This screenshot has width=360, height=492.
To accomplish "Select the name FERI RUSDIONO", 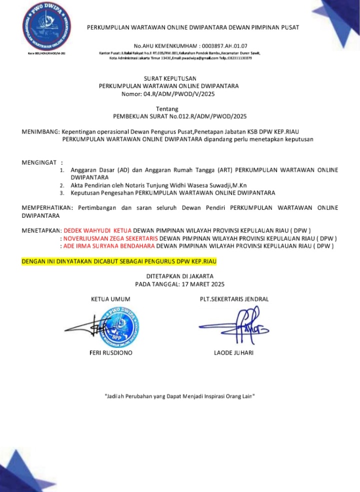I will click(110, 353).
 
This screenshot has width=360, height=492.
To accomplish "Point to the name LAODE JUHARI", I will click(233, 353).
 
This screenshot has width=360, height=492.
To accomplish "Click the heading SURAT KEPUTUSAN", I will click(170, 79).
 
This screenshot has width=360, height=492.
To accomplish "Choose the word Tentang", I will click(167, 109).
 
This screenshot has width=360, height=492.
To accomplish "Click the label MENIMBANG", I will click(40, 131).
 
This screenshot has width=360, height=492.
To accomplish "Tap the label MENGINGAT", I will click(39, 163).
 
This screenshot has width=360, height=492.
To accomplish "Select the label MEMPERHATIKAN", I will click(47, 207).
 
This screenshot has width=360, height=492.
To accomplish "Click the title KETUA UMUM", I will click(110, 299).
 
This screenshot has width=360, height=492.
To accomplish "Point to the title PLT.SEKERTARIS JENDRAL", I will click(234, 299).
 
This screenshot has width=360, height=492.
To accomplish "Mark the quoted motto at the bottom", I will click(180, 396).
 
